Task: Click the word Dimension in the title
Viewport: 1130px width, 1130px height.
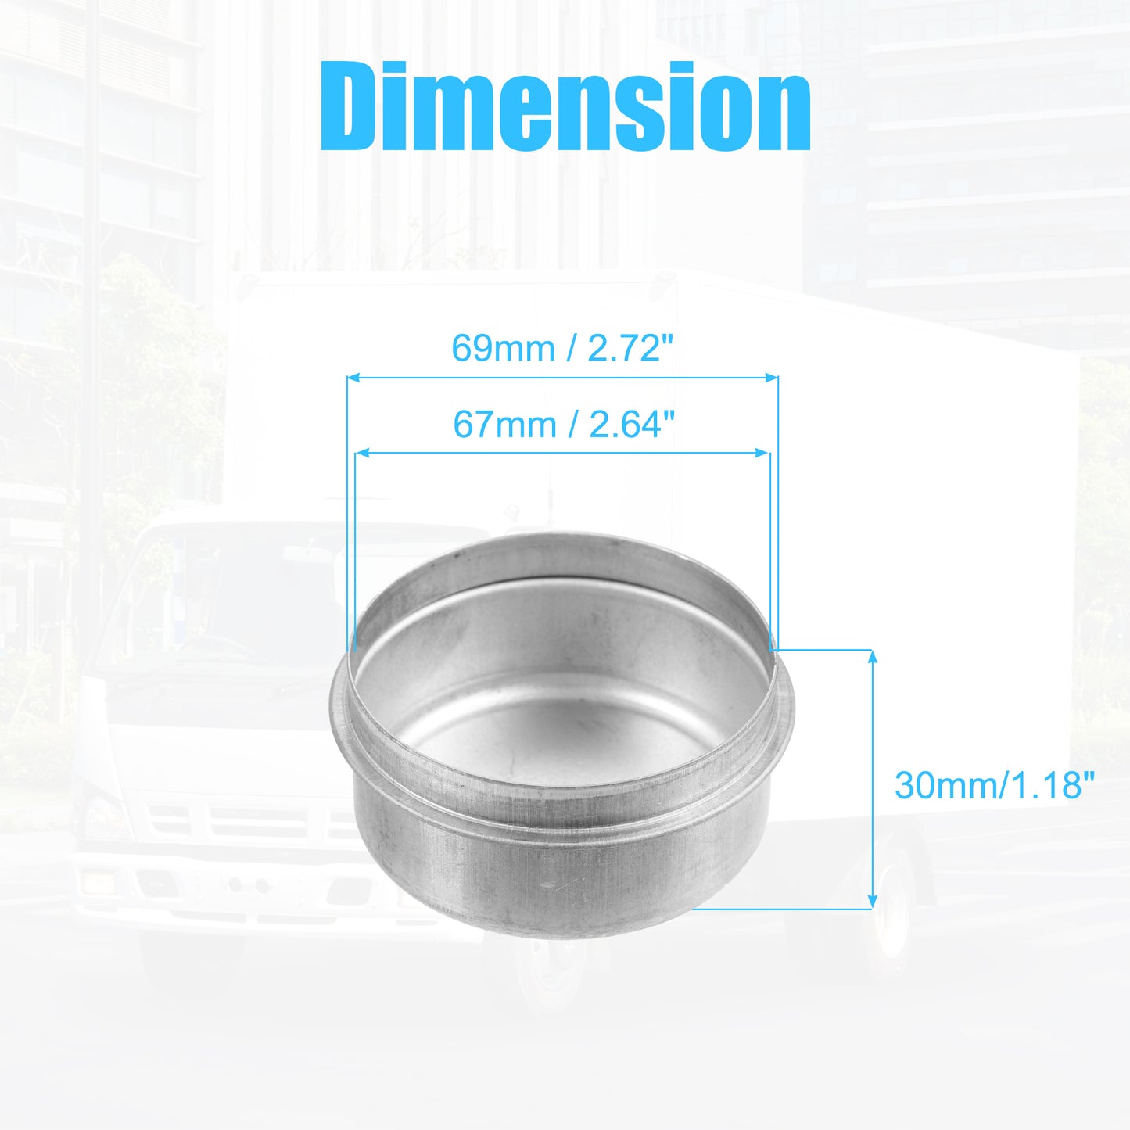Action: click(565, 106)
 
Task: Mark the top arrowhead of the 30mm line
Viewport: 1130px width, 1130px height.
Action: click(873, 656)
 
